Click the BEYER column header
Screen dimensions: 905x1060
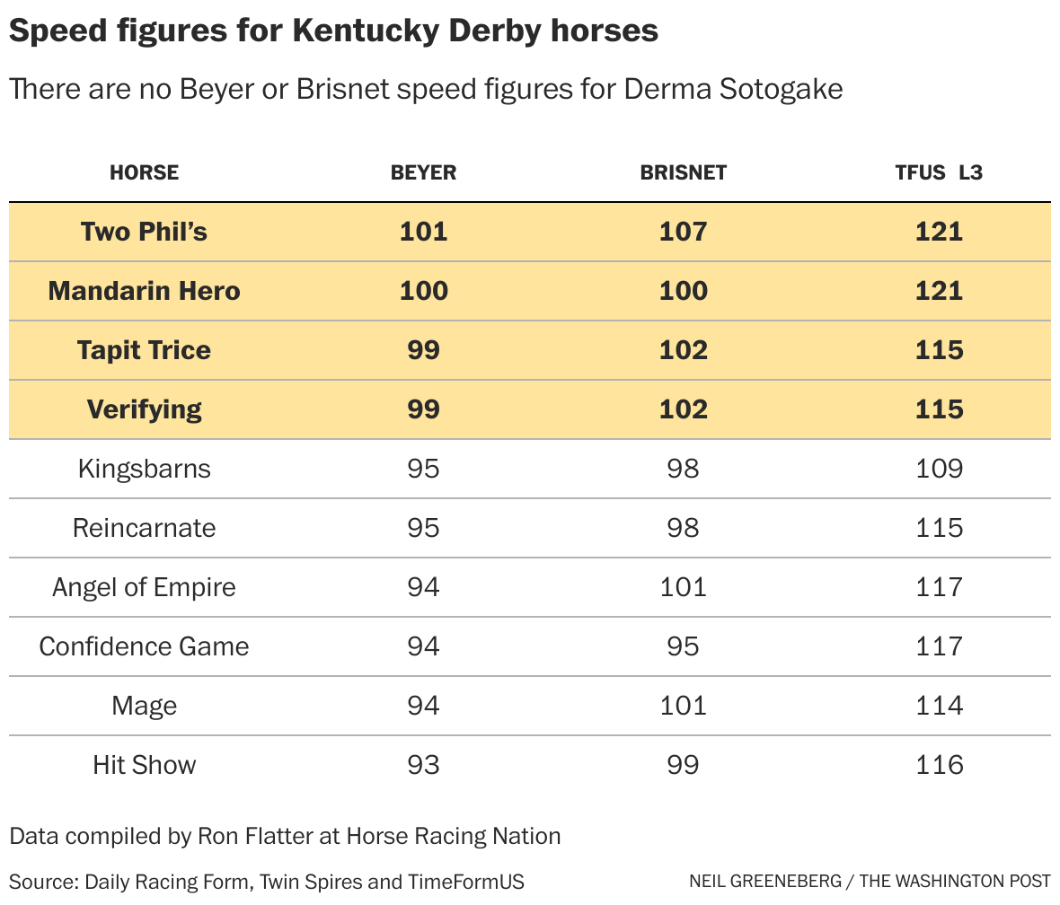[x=423, y=172]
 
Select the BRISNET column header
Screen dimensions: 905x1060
[x=683, y=172]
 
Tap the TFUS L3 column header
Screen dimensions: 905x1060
[x=939, y=172]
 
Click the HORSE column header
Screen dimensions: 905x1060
[x=144, y=172]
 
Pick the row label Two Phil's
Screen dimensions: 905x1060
[x=144, y=232]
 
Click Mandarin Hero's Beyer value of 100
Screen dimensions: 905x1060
[x=423, y=291]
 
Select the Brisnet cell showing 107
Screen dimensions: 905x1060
[x=683, y=232]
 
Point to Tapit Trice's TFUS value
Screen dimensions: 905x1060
[x=939, y=350]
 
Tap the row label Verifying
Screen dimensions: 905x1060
[x=144, y=409]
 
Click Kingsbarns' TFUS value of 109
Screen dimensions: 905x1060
[x=939, y=469]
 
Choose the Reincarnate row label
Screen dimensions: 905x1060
[x=144, y=528]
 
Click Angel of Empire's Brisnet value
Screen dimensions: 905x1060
[x=683, y=587]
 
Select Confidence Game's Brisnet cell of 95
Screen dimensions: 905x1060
[x=683, y=646]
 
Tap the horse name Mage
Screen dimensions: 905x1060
[x=144, y=706]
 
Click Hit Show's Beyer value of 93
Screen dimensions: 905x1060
[x=423, y=765]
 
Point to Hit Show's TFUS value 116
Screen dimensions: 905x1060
[x=939, y=765]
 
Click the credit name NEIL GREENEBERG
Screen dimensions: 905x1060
[x=765, y=881]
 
